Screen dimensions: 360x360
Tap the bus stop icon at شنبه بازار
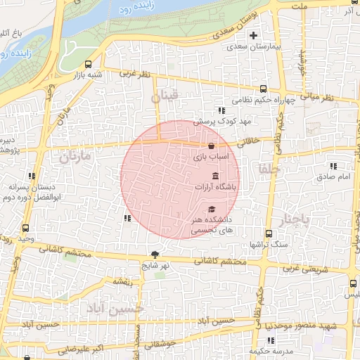click(x=88, y=64)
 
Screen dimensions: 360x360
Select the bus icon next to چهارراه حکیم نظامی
click(x=263, y=89)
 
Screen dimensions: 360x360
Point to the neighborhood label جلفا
click(x=269, y=169)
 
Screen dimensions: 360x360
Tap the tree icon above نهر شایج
click(x=155, y=255)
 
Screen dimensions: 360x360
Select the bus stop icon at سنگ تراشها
click(x=269, y=233)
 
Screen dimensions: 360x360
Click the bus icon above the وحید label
click(x=26, y=229)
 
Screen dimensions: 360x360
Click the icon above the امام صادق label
click(x=333, y=166)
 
